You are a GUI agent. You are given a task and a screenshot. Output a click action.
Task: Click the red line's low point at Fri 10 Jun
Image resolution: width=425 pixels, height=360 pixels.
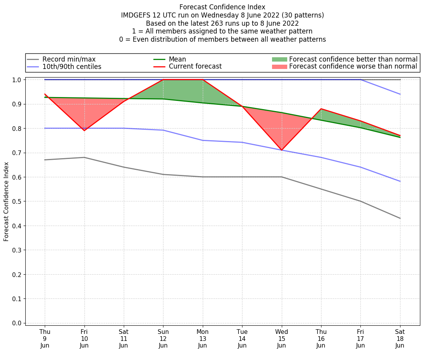[x=84, y=131]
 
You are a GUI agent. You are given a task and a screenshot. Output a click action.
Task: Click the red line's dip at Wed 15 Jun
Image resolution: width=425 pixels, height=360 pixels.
[x=281, y=150]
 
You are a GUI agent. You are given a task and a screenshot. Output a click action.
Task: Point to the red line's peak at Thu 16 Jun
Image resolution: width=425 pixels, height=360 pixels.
[x=321, y=109]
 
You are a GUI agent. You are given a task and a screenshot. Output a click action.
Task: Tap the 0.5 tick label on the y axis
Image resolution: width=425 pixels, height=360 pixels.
[x=16, y=201]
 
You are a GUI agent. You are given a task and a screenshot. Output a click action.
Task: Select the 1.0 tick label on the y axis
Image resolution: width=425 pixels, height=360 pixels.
[x=16, y=79]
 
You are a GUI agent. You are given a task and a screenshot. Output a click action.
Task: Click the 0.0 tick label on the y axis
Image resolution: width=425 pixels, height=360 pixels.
[x=16, y=323]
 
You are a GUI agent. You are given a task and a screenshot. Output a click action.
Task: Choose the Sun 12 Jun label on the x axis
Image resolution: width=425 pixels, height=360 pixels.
[x=163, y=338]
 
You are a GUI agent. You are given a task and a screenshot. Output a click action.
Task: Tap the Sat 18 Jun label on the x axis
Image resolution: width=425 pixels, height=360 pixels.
[x=400, y=338]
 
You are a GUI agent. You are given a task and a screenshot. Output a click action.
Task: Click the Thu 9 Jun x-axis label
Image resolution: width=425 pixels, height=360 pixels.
[x=45, y=338]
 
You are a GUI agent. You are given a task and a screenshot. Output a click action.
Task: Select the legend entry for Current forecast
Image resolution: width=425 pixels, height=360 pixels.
[x=195, y=67]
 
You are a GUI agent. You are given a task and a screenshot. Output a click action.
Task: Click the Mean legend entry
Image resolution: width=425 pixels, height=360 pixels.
[x=177, y=59]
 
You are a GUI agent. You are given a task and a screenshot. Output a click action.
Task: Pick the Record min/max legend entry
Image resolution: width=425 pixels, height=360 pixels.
[x=69, y=59]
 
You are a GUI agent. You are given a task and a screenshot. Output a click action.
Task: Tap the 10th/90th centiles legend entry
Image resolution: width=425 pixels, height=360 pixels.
[x=72, y=67]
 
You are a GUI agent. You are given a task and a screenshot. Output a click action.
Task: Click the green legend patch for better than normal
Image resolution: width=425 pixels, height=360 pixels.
[x=279, y=59]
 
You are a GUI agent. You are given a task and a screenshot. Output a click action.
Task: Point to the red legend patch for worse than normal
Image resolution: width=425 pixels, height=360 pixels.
[x=279, y=67]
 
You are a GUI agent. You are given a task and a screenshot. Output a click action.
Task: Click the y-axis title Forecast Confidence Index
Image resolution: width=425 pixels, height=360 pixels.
[x=6, y=202]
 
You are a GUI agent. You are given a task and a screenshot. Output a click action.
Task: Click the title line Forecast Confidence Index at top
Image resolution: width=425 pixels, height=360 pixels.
[x=222, y=7]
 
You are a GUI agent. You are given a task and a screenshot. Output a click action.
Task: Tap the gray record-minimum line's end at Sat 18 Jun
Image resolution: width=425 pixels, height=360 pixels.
[x=400, y=218]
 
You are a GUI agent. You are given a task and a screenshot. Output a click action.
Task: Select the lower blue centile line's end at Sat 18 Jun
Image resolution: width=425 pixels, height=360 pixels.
[x=400, y=181]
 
